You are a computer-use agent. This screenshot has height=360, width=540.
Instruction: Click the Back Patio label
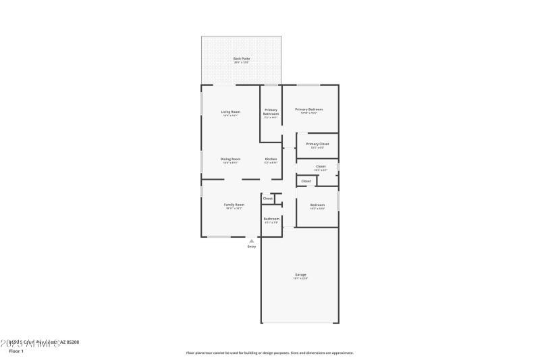point(241,59)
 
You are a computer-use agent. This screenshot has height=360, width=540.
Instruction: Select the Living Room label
point(231,111)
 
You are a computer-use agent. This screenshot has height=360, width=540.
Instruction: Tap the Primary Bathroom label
point(271,111)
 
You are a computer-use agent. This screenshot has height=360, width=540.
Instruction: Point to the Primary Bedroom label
point(309,109)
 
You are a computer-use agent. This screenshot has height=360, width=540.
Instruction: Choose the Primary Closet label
point(317,144)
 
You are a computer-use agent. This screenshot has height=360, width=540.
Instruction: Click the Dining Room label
point(230,159)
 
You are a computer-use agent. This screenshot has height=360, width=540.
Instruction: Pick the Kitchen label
point(271,159)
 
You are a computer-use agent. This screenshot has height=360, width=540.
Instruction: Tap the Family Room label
point(234,204)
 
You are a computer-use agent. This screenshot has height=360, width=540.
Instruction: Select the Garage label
point(300,274)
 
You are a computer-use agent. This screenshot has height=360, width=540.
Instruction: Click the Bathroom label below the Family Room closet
point(271,218)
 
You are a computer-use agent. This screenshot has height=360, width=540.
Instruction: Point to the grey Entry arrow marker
point(252,240)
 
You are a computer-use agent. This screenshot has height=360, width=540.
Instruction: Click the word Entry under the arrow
point(252,247)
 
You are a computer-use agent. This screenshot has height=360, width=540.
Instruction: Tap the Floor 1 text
point(16,351)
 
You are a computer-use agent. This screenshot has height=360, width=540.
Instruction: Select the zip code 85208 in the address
point(72,342)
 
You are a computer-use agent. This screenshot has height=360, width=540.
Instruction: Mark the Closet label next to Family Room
point(267,199)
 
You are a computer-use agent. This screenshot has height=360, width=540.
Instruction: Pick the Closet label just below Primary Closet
point(321,166)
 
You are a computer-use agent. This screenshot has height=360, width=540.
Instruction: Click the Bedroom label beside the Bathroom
point(317,205)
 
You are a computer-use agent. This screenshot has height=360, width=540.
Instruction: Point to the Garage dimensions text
point(300,278)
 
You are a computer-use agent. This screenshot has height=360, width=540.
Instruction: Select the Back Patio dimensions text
point(241,63)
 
